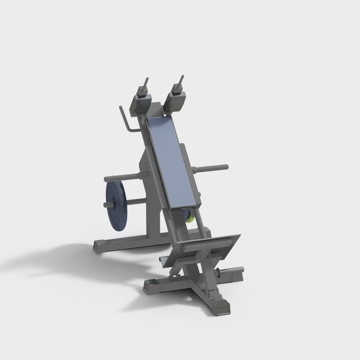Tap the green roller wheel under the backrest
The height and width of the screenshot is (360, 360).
point(190,217)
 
